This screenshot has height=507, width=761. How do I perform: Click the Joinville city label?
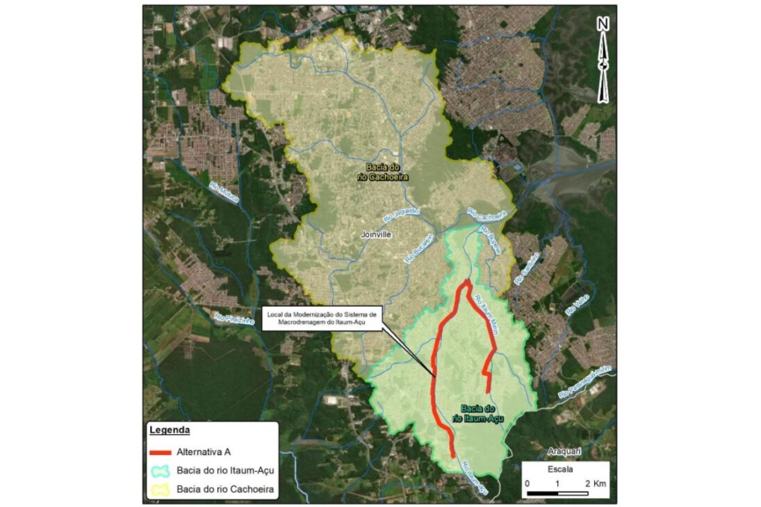pyautogui.click(x=377, y=235)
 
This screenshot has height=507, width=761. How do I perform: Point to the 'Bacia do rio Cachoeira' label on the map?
pyautogui.click(x=387, y=172)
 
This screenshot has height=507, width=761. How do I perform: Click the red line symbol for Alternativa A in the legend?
pyautogui.click(x=160, y=452)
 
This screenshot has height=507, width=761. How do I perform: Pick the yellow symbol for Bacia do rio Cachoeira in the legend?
pyautogui.click(x=160, y=490)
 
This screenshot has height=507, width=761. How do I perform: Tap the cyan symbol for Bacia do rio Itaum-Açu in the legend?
pyautogui.click(x=160, y=471)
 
